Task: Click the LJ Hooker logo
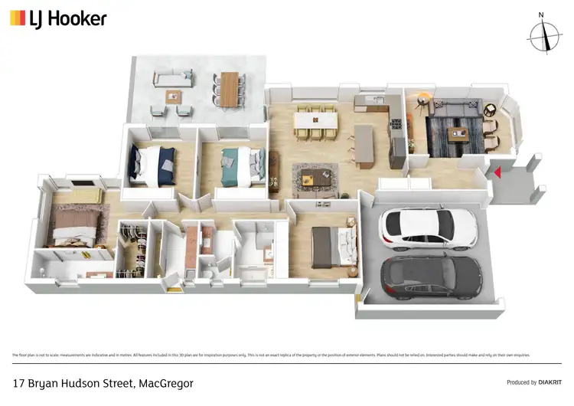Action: [x=57, y=18]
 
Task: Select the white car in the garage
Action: [x=429, y=227]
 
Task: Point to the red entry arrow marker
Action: [x=497, y=173]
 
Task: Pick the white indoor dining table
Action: [x=316, y=120]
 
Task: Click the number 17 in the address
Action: [x=20, y=382]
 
